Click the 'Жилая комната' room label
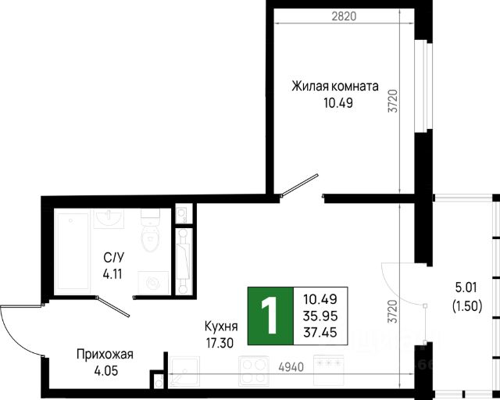335,86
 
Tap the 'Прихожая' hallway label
105,354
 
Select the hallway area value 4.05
105,370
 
